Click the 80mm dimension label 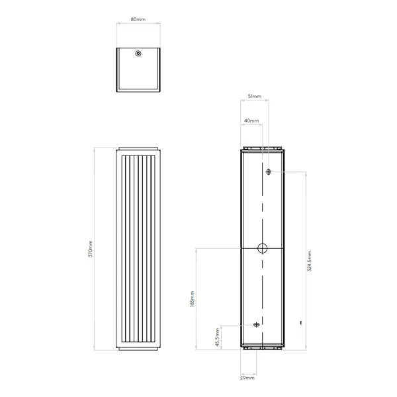pos(138,19)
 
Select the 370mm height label pos(91,249)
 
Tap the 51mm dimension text pos(255,96)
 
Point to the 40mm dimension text pos(251,121)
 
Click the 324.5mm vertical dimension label pos(309,261)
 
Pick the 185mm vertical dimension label pos(192,299)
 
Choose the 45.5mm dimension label pos(217,337)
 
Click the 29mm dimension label pos(247,378)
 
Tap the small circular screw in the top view pos(138,54)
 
